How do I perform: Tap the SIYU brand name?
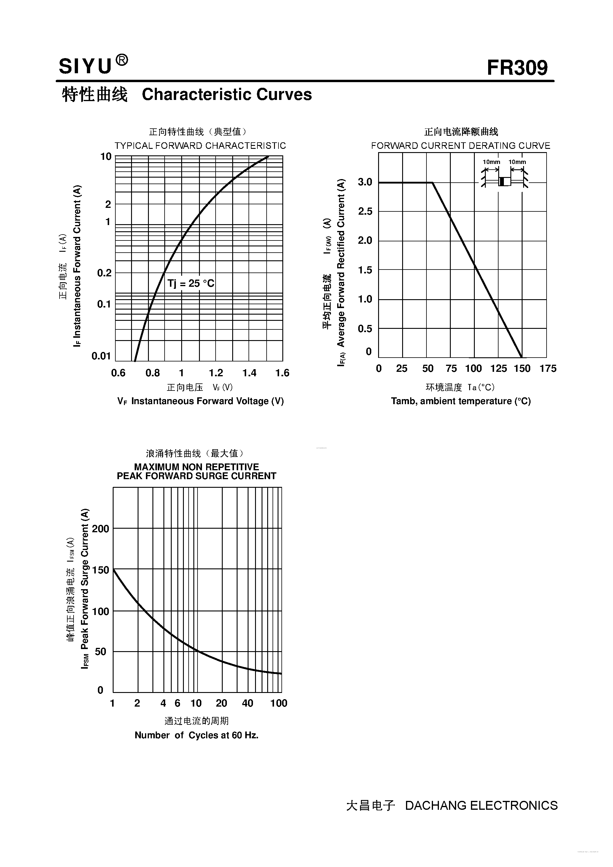pos(85,66)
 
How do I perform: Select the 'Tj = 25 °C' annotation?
pos(191,283)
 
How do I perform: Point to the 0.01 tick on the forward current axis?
pos(101,356)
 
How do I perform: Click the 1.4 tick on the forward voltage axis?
pos(249,373)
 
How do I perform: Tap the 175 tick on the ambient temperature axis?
pos(548,369)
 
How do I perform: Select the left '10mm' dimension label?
pos(491,162)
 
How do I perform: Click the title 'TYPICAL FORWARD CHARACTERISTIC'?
pos(200,146)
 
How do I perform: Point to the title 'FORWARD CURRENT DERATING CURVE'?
pos(460,146)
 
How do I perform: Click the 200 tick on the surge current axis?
pos(101,529)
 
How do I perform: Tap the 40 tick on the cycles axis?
pos(247,703)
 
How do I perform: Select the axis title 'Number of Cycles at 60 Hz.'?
pos(196,735)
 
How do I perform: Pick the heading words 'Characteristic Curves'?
pos(227,94)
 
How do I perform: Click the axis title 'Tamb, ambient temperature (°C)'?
pos(461,401)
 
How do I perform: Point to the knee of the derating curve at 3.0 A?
pos(432,183)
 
